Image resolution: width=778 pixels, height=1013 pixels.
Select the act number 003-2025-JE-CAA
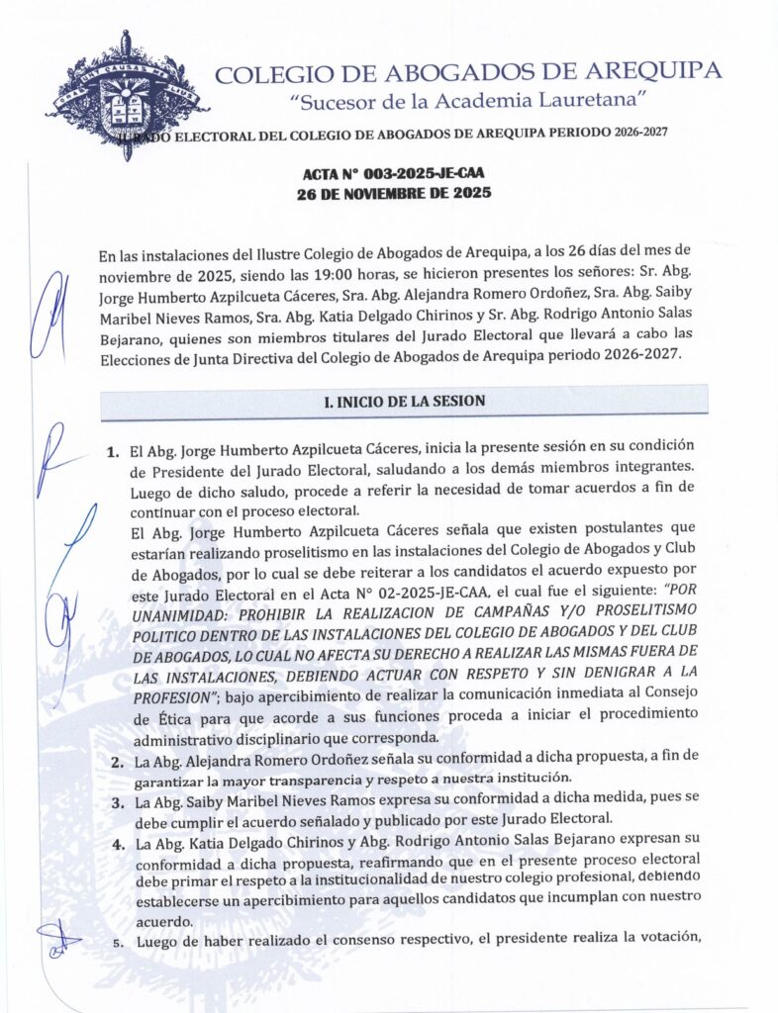(x=415, y=174)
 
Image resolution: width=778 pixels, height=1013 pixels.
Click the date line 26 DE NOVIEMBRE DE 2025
(x=394, y=194)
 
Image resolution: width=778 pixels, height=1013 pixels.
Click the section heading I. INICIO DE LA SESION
(x=404, y=402)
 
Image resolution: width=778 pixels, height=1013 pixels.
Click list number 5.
(x=117, y=943)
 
